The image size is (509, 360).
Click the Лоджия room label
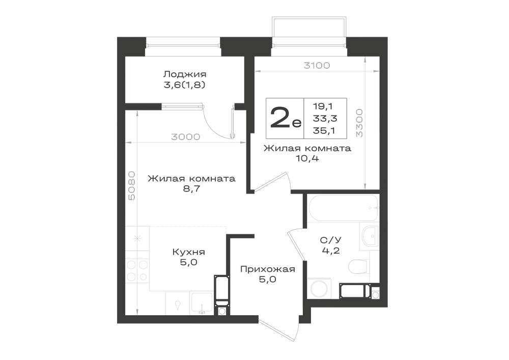[184, 74]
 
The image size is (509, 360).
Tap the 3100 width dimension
[317, 66]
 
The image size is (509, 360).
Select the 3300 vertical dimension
[359, 123]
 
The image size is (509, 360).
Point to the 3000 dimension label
[186, 137]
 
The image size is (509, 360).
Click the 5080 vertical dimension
[132, 190]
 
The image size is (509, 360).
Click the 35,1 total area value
[324, 130]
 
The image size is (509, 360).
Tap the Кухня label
[189, 252]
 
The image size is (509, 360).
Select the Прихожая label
[268, 269]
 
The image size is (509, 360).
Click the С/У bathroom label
[331, 240]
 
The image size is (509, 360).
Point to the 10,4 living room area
[307, 158]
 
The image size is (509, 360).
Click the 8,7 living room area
[191, 189]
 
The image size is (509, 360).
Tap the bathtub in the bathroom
[344, 208]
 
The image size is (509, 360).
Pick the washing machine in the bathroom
[319, 288]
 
